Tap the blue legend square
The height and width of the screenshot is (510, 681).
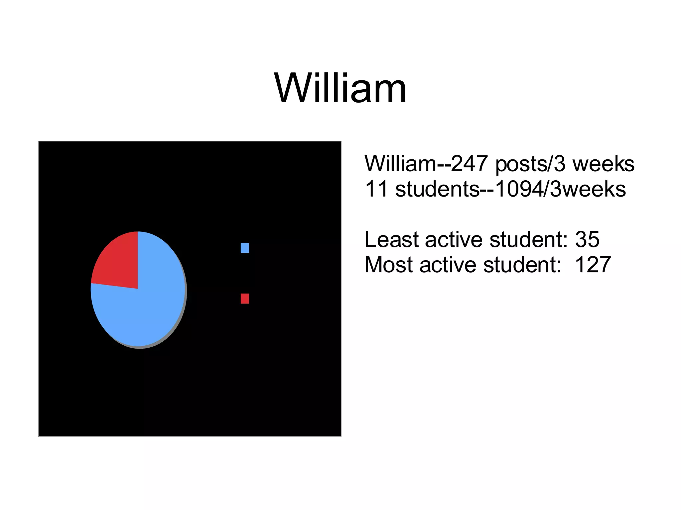pos(245,248)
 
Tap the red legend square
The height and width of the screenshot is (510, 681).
pos(245,298)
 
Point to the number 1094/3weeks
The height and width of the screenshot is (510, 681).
pos(560,189)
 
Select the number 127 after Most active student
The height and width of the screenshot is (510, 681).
pos(593,265)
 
